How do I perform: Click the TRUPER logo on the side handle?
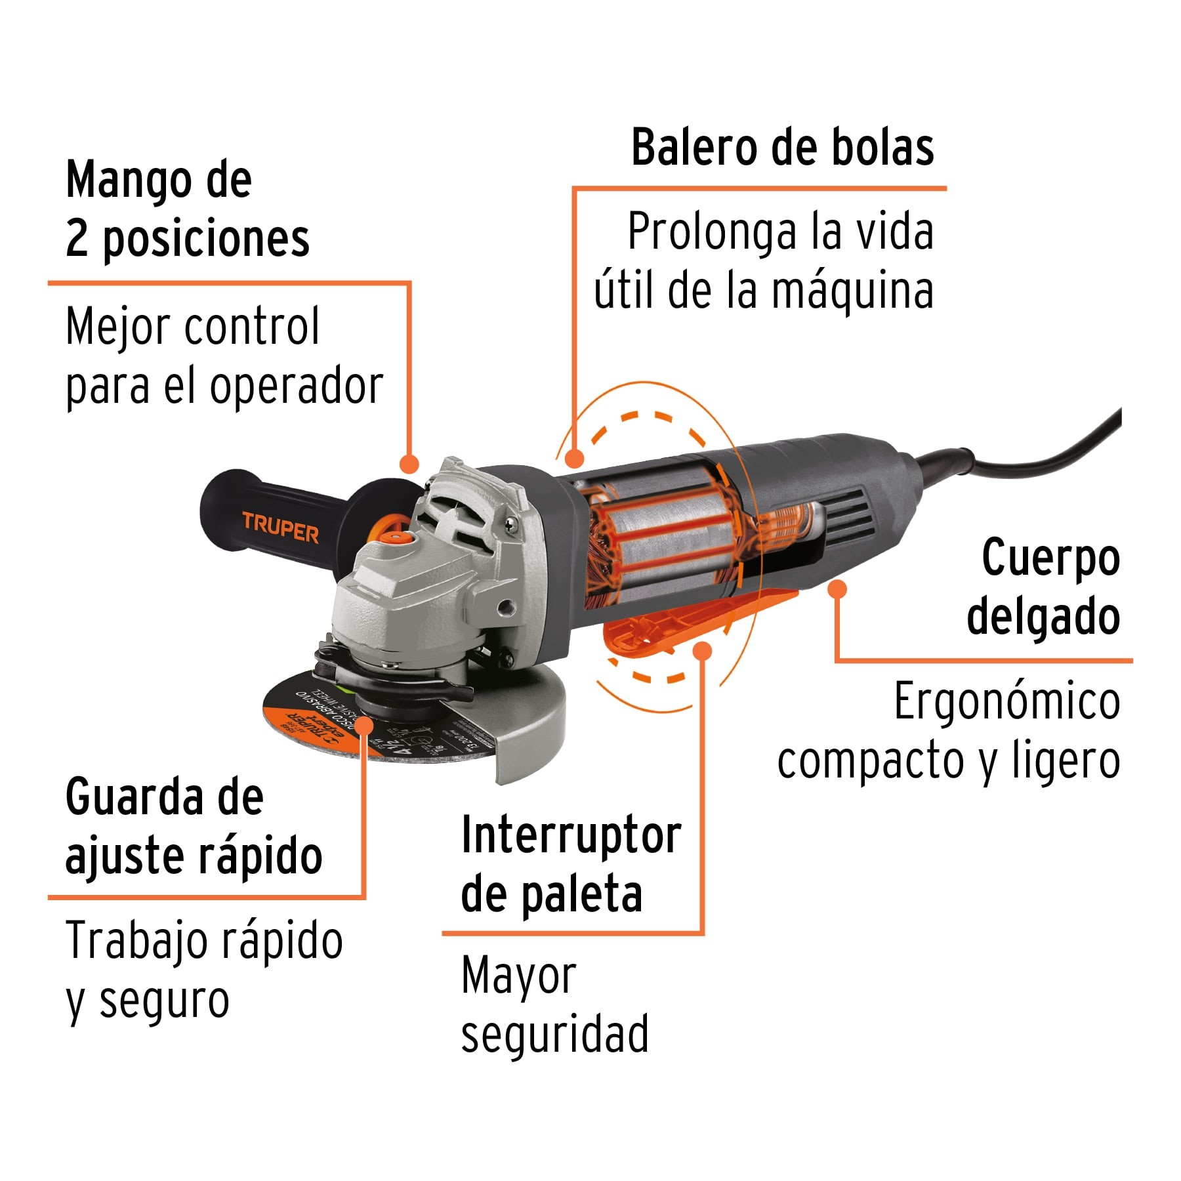[280, 526]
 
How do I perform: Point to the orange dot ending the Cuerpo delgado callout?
[837, 589]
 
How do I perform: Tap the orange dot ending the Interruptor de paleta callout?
[702, 651]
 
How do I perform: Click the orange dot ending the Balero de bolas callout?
[574, 458]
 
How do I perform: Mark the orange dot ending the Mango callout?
[409, 464]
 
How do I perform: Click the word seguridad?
[554, 1035]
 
